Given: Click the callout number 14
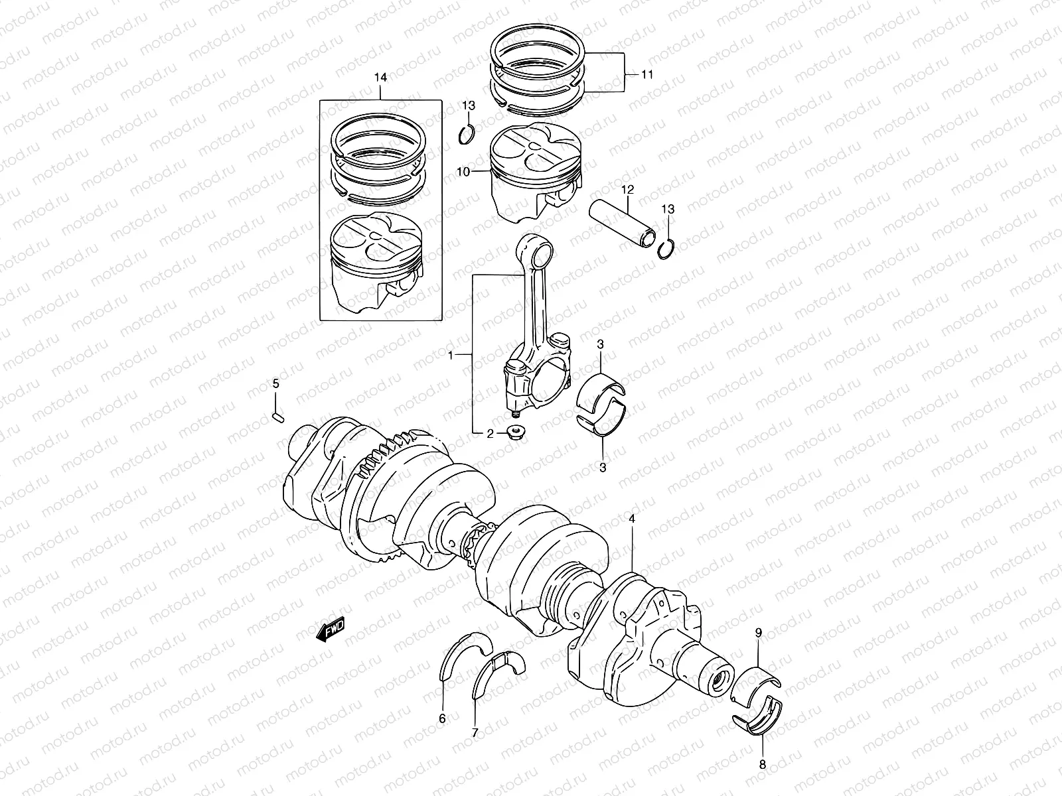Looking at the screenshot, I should point(380,78).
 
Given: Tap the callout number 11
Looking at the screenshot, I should point(647,75).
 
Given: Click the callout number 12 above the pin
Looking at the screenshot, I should point(628,190).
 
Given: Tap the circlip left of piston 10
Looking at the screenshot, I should point(468,135).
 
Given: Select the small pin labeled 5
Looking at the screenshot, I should point(278,417).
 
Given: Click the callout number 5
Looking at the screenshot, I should point(275,384).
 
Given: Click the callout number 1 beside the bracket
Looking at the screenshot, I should point(451,356).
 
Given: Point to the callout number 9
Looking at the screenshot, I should point(759,633).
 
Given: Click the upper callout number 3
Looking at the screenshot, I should point(600,344).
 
